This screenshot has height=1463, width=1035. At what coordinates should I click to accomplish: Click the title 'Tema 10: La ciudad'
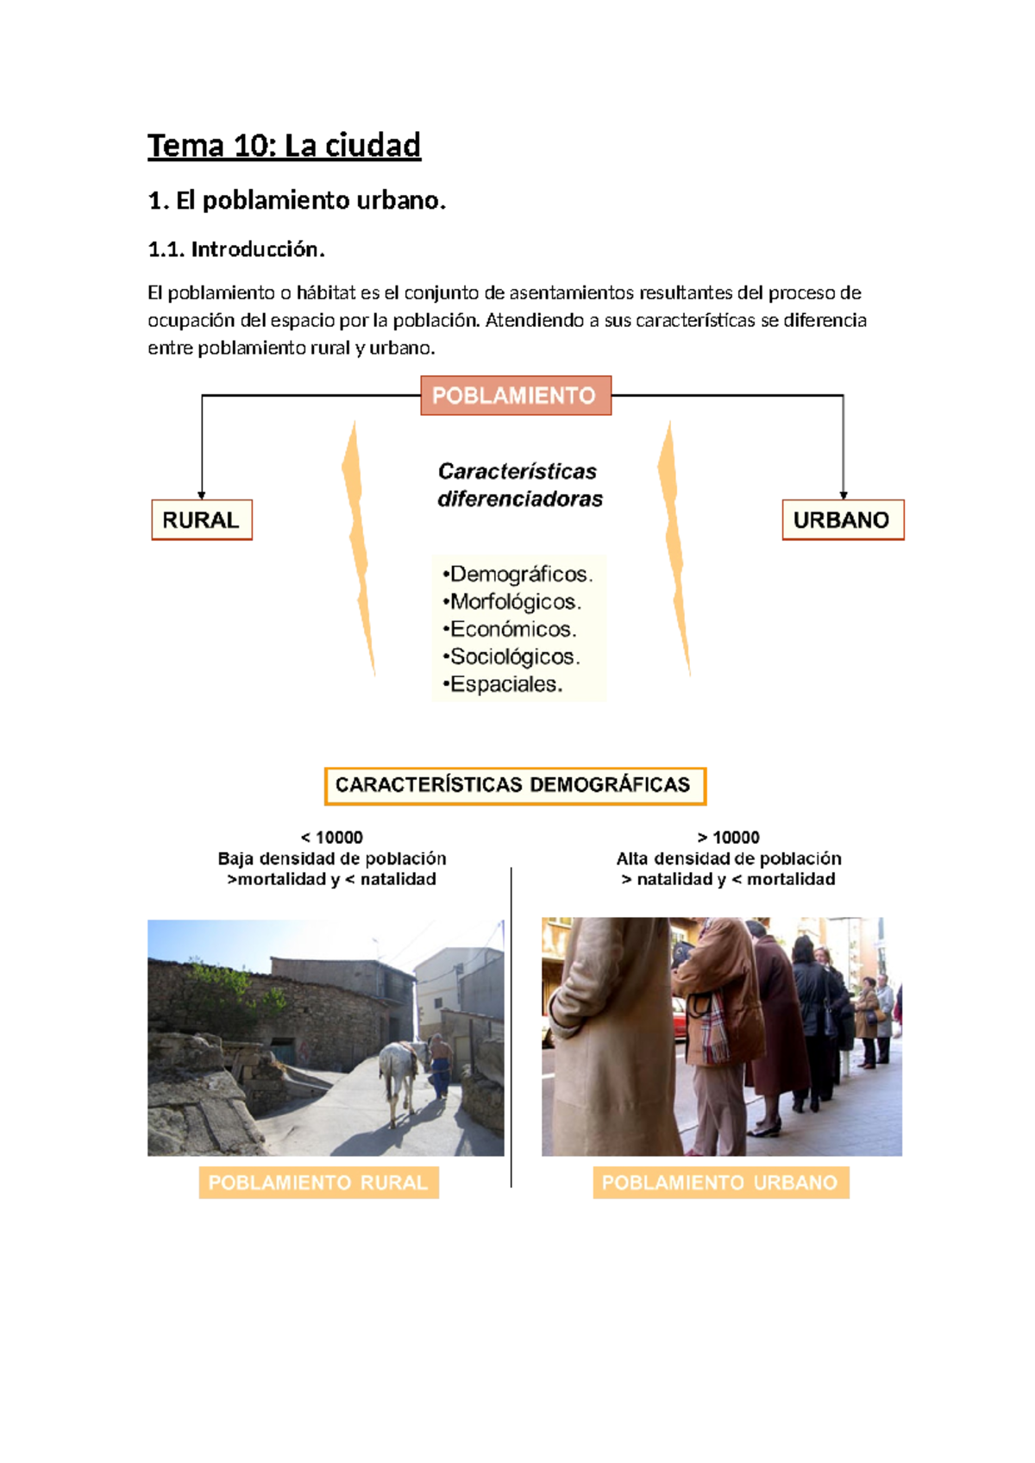pos(284,146)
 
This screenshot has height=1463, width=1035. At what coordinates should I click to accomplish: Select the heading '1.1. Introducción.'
pos(236,249)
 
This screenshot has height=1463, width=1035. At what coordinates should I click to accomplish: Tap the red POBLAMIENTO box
pos(516,395)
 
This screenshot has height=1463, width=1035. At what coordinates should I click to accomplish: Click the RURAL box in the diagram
pos(202,520)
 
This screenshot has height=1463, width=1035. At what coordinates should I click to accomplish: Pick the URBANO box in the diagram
pos(843,520)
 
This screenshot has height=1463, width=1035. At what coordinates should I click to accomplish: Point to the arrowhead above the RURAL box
pos(202,495)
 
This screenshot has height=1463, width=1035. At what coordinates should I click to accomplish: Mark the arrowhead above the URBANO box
pos(844,495)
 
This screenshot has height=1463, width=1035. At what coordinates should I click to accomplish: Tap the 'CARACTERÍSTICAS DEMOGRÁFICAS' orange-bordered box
pos(515,785)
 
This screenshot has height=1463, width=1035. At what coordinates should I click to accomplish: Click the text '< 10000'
pos(332,838)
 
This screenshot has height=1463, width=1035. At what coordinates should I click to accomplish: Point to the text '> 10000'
pos(729,838)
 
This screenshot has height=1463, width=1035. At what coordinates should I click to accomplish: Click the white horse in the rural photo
pos(399,1078)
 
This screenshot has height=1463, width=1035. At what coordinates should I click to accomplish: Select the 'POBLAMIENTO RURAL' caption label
pos(318,1183)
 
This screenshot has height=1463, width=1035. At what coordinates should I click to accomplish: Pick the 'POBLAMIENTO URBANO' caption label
pos(720,1183)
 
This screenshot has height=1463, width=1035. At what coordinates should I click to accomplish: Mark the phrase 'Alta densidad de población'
pos(729,858)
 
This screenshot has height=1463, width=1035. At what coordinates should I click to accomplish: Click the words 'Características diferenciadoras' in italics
pos(519,485)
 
